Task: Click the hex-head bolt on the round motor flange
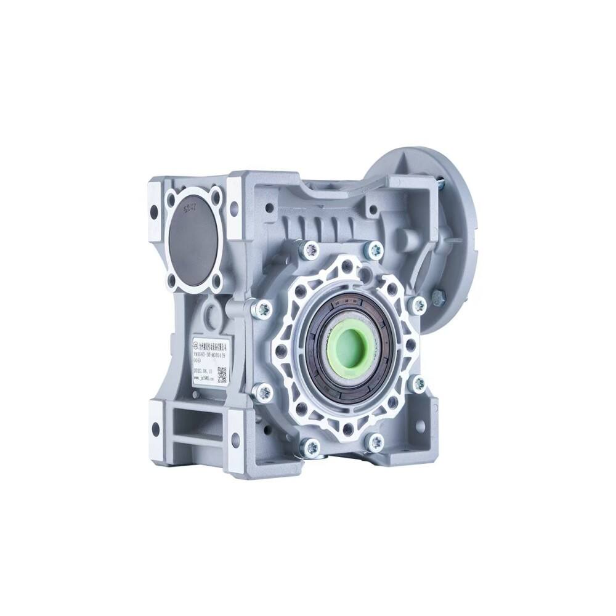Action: point(438,297)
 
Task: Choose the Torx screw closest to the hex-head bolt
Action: point(418,304)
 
